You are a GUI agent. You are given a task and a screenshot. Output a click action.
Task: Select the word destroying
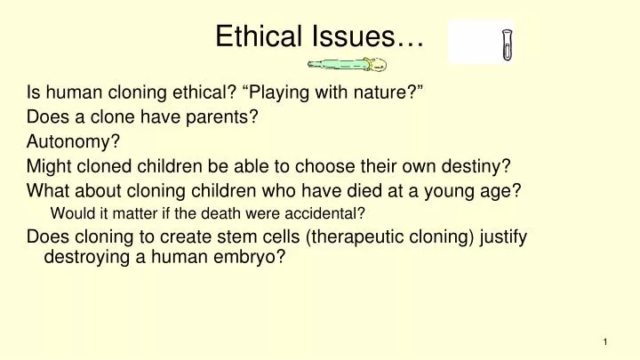pyautogui.click(x=84, y=260)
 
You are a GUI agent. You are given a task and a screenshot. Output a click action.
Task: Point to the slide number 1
pyautogui.click(x=604, y=342)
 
